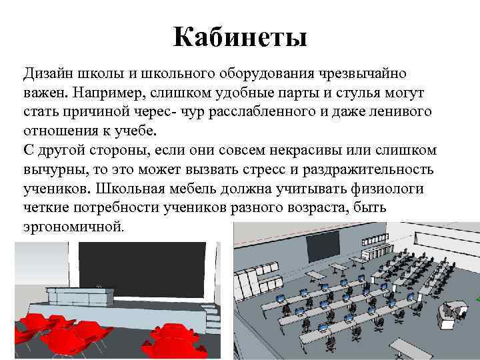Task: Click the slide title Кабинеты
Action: tap(240, 37)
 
